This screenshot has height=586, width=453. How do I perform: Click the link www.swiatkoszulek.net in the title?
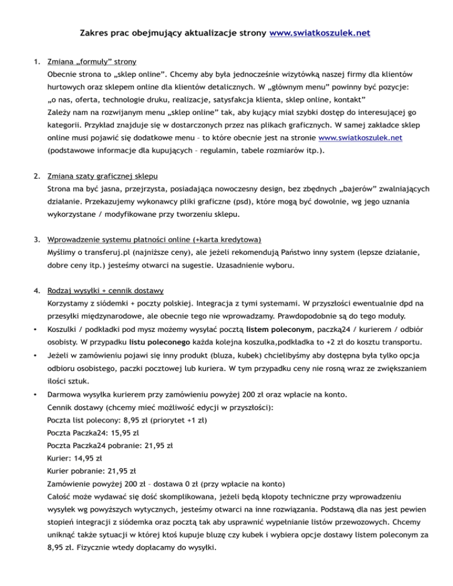click(319, 34)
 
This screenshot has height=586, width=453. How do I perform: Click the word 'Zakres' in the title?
click(95, 34)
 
